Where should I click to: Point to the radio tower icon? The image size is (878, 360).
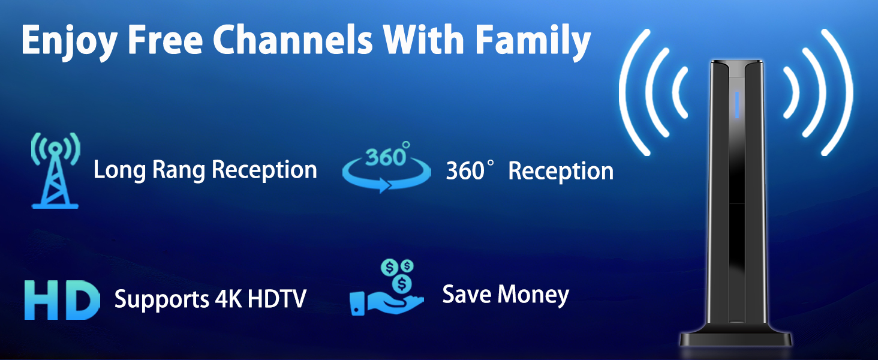55,171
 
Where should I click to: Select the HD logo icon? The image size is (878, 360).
61,299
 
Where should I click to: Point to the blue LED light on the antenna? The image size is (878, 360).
736,105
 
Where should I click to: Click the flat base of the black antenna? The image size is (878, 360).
736,339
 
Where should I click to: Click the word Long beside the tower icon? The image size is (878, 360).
112,170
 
